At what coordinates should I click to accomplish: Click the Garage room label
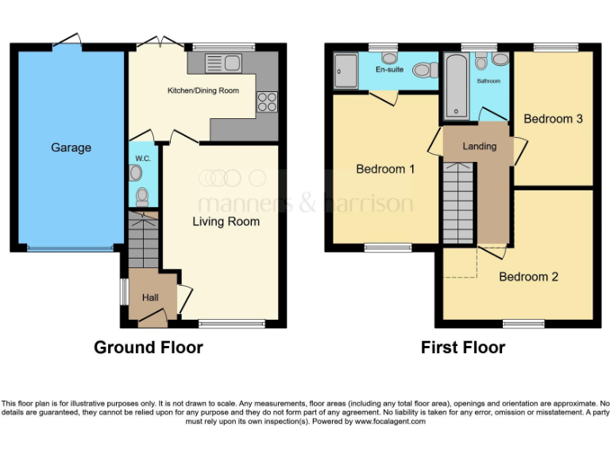pyautogui.click(x=71, y=148)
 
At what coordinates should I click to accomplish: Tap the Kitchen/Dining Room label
pyautogui.click(x=203, y=91)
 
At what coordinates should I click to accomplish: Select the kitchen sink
pyautogui.click(x=222, y=62)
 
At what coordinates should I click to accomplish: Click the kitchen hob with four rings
pyautogui.click(x=266, y=102)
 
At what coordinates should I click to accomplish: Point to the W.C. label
pyautogui.click(x=143, y=159)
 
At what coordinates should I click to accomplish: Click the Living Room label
pyautogui.click(x=226, y=221)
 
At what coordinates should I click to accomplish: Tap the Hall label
pyautogui.click(x=150, y=298)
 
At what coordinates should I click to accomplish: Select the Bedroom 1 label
pyautogui.click(x=385, y=169)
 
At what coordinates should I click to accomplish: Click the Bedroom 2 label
pyautogui.click(x=528, y=277)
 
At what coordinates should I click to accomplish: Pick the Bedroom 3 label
pyautogui.click(x=554, y=119)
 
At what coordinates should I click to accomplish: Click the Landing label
pyautogui.click(x=480, y=147)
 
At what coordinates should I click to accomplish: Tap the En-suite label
pyautogui.click(x=389, y=70)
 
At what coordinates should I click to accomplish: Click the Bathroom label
pyautogui.click(x=488, y=81)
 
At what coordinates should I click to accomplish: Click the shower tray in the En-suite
pyautogui.click(x=346, y=71)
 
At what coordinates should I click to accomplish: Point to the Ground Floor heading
pyautogui.click(x=149, y=348)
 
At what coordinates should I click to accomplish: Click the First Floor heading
pyautogui.click(x=463, y=348)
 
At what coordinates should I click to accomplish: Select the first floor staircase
pyautogui.click(x=458, y=202)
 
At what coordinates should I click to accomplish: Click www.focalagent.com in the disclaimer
pyautogui.click(x=392, y=421)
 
